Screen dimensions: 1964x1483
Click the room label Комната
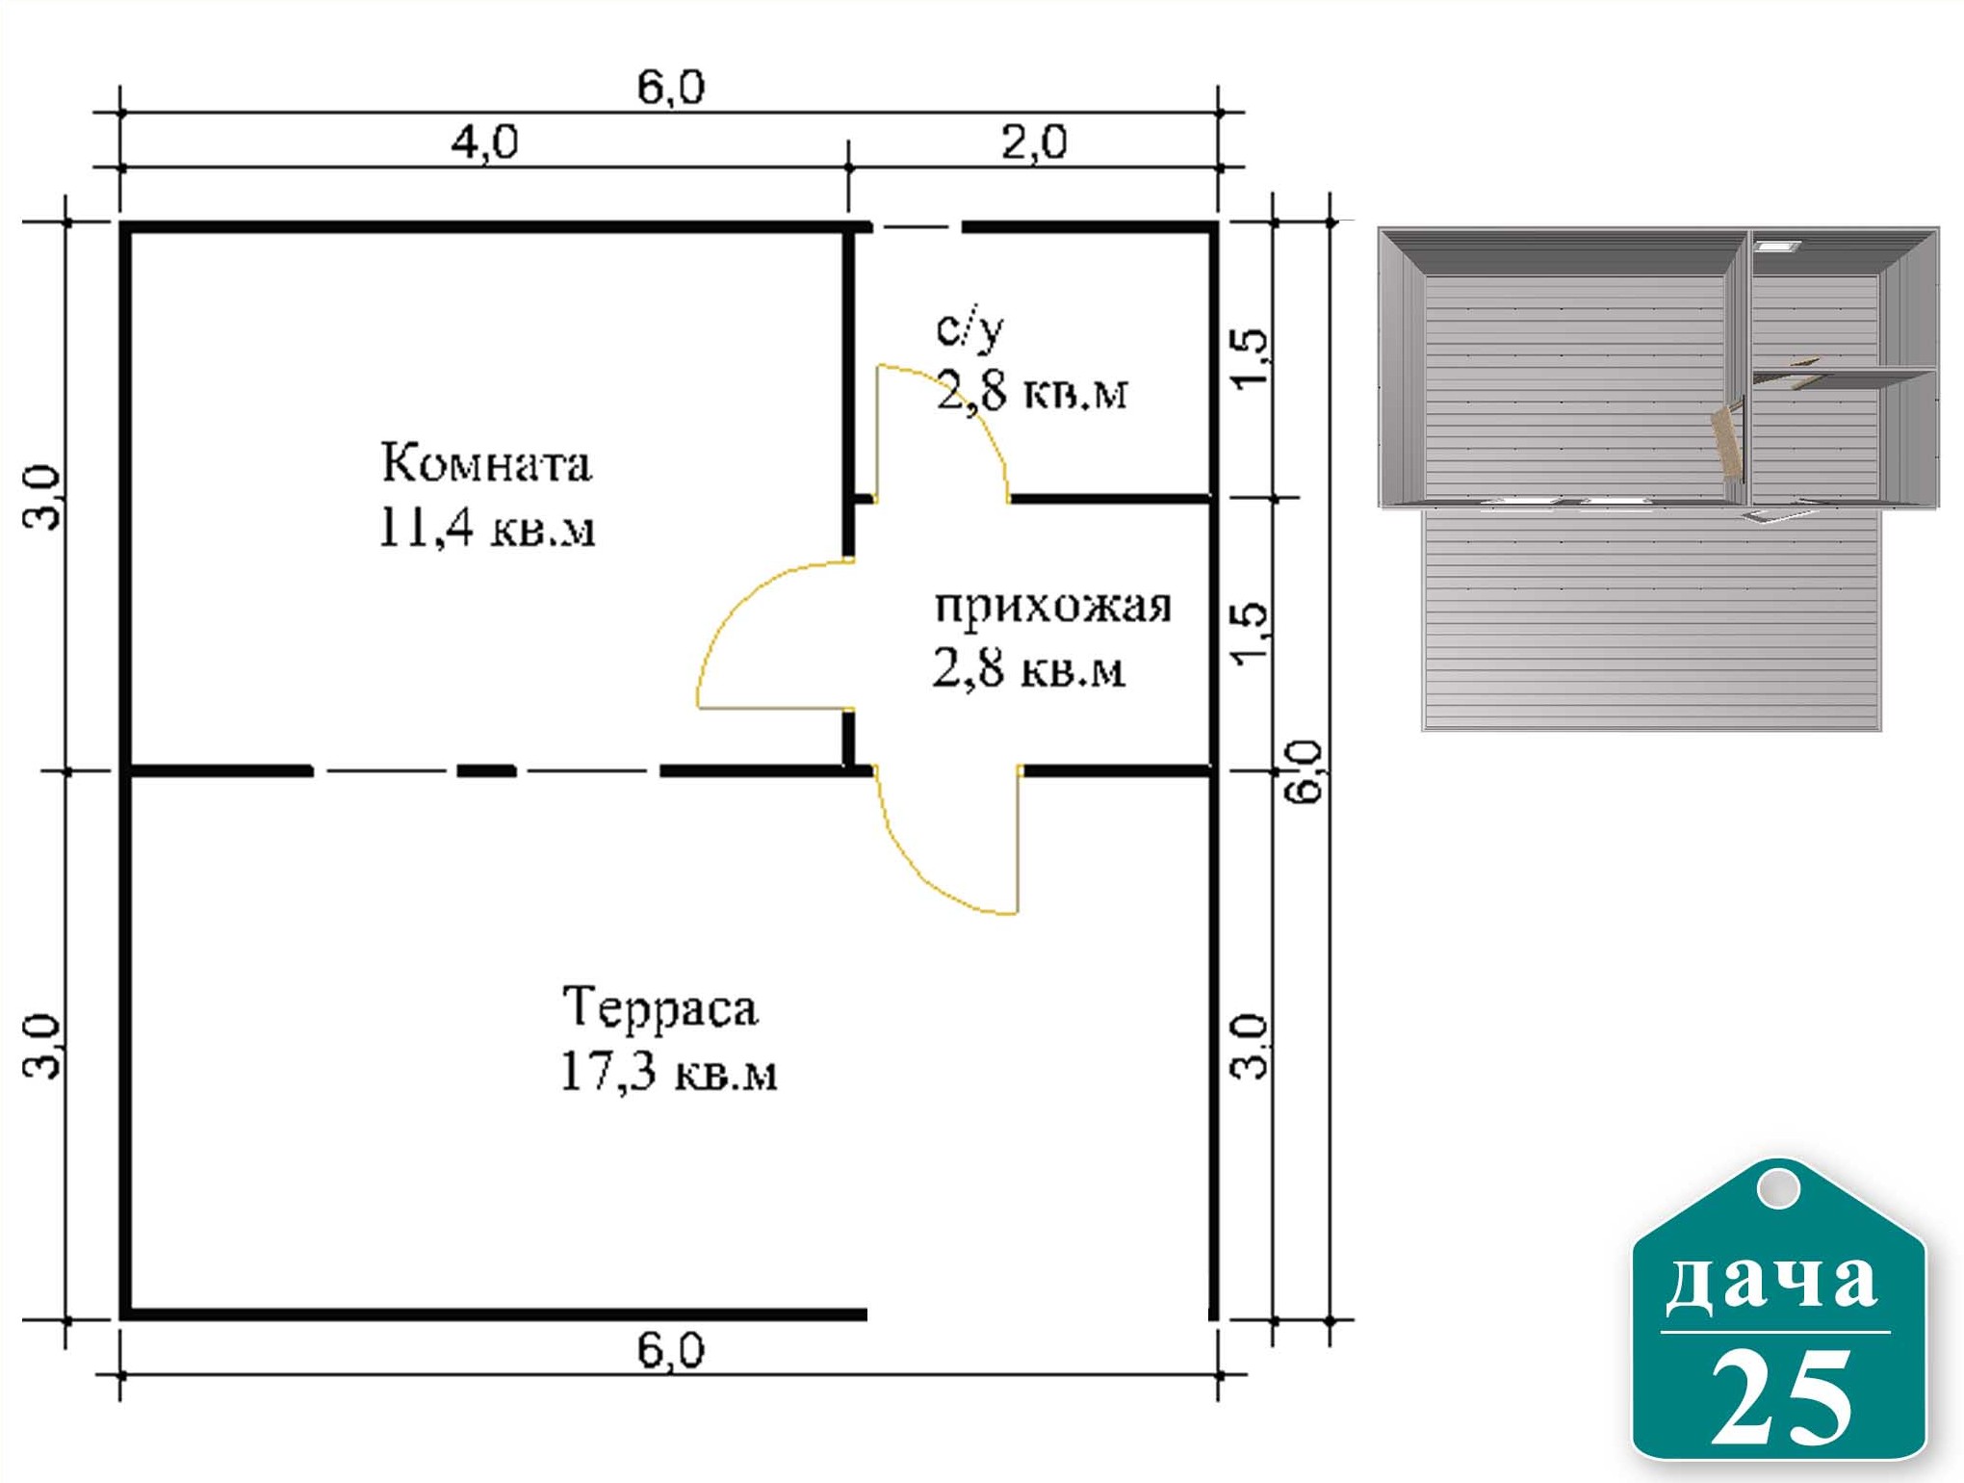pos(486,463)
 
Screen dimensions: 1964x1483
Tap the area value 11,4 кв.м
pos(486,528)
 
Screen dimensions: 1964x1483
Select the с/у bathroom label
pos(969,328)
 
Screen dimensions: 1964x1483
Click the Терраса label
pos(660,1007)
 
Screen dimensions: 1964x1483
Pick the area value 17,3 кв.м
pos(668,1071)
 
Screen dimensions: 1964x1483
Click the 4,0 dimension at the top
pos(485,143)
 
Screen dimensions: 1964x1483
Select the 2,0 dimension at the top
pos(1034,143)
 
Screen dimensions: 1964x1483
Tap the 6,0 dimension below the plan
pos(671,1351)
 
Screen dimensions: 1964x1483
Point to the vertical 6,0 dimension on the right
pos(1305,771)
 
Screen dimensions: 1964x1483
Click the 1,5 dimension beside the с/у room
pos(1251,359)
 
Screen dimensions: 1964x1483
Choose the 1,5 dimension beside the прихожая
pos(1251,632)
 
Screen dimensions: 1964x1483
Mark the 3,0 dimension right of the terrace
pos(1251,1046)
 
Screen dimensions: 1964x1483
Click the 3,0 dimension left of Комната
pos(41,497)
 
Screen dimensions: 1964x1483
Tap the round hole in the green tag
pos(1778,1187)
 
